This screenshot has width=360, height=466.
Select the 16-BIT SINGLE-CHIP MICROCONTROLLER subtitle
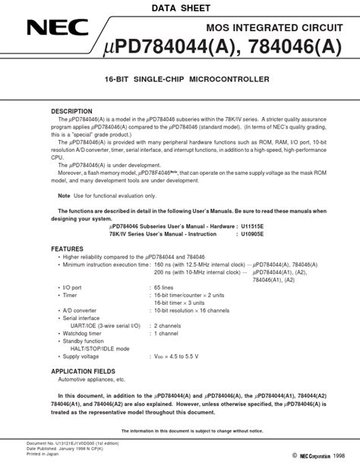[179, 79]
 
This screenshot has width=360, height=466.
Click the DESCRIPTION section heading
[71, 111]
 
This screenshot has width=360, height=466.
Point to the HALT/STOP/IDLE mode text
[97, 348]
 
